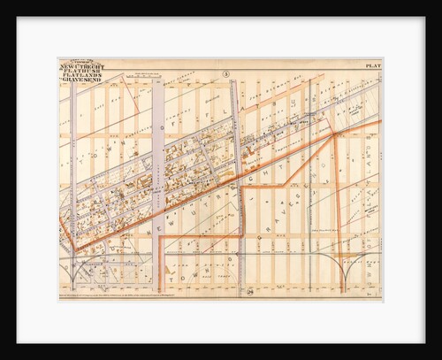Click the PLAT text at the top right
pyautogui.click(x=370, y=65)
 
